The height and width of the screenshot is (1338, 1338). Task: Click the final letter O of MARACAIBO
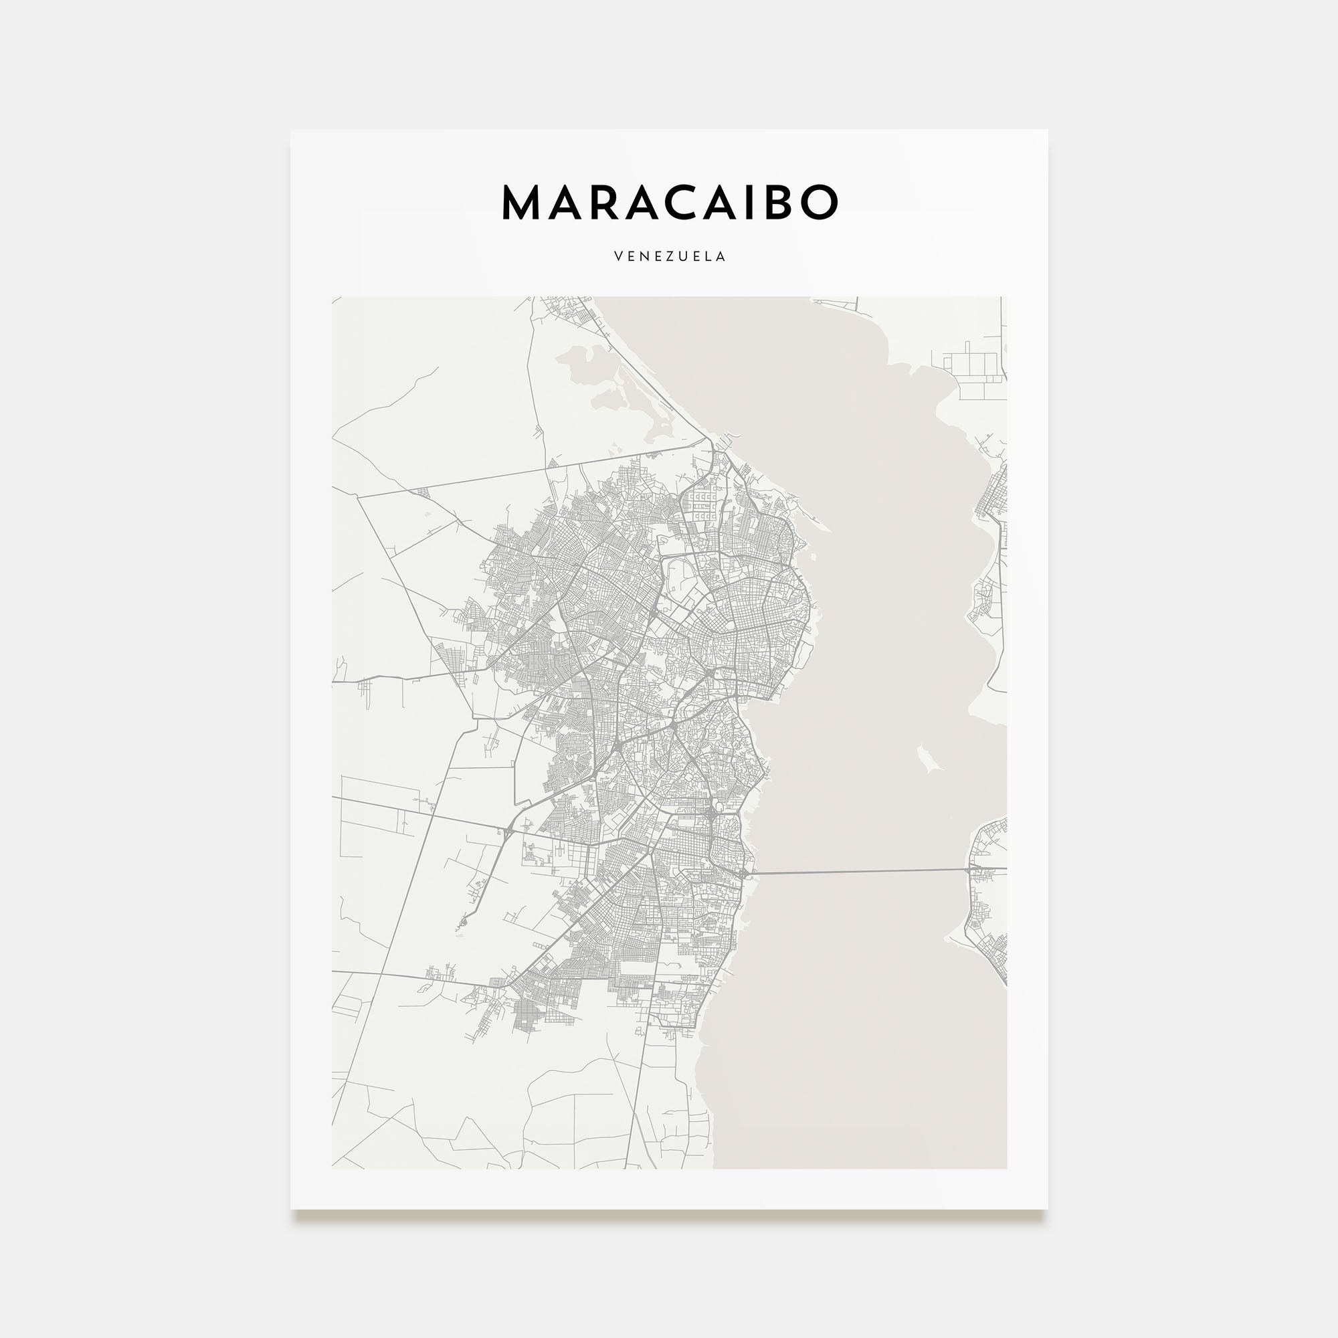(x=822, y=202)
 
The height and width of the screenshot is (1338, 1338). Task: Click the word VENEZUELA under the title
(x=669, y=256)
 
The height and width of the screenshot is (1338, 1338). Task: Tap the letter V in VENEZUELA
(x=617, y=256)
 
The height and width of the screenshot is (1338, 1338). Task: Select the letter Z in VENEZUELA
(x=670, y=256)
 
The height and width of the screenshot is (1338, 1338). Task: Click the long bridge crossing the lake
(x=859, y=872)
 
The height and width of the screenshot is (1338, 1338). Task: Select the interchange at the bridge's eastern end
(x=975, y=868)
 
